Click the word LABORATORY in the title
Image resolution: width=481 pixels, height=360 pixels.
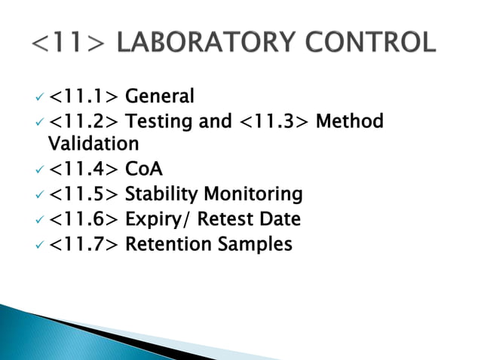(208, 41)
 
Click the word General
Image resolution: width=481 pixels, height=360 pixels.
(159, 96)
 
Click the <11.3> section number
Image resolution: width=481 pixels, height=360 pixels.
(274, 122)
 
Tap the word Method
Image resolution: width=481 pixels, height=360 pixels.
(349, 121)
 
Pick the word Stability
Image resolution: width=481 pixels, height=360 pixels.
(160, 195)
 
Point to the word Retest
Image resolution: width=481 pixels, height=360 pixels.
(225, 219)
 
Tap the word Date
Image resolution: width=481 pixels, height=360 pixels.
(280, 219)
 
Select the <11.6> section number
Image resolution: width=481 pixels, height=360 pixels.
(84, 220)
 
